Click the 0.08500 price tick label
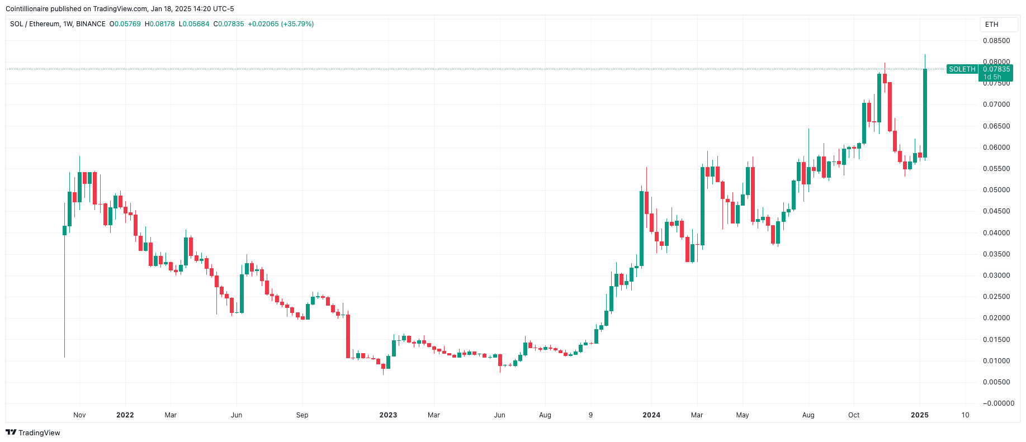pos(996,41)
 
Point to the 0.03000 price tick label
pos(996,275)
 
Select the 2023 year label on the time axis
pos(388,415)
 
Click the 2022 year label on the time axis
pos(125,415)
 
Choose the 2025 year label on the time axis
pos(920,415)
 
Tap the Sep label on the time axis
pos(302,415)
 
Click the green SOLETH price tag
pos(962,69)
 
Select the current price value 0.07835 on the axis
pos(996,69)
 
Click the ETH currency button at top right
pos(992,25)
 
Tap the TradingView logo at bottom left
pos(33,433)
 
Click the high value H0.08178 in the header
pos(160,24)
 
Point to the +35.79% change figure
pos(297,24)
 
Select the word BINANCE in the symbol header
pos(91,24)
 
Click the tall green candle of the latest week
pos(925,112)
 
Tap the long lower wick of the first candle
pos(64,296)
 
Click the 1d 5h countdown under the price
pos(993,77)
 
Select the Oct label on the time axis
pos(854,415)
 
